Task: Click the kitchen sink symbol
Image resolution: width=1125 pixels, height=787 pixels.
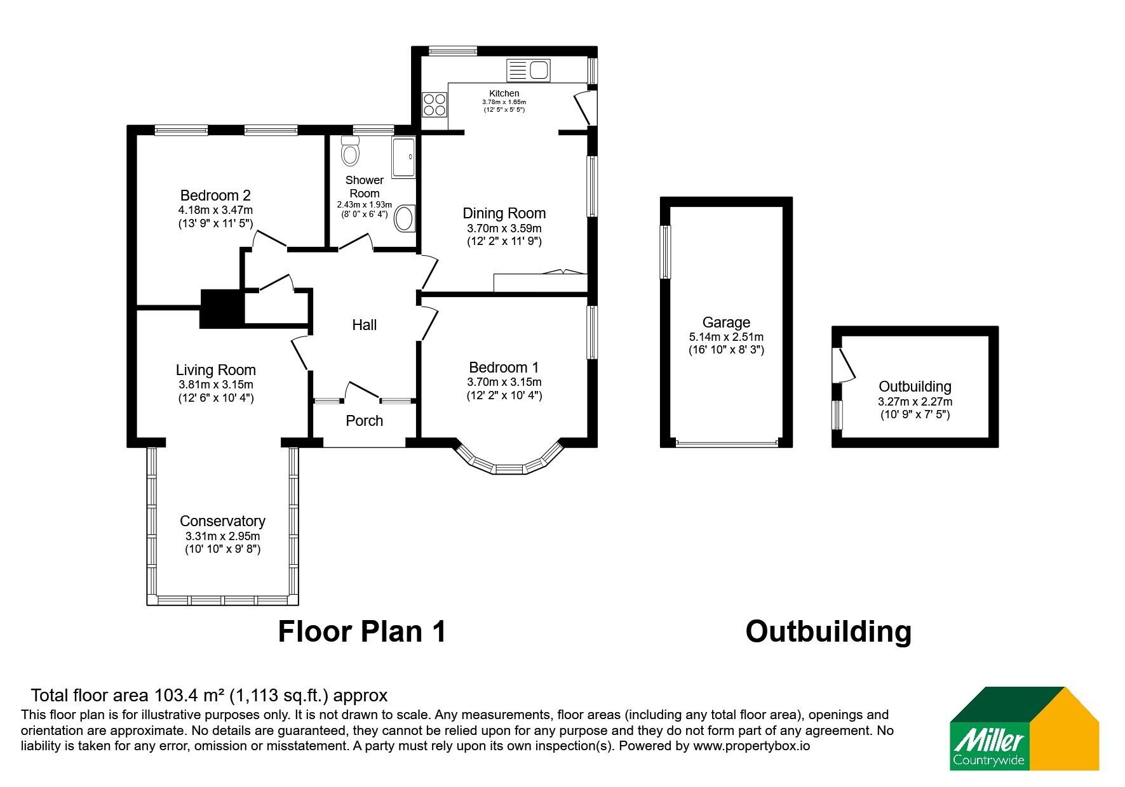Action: click(528, 70)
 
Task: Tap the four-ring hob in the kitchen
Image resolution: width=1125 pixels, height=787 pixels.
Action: click(434, 105)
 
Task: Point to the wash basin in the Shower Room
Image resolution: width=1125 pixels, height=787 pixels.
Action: click(404, 219)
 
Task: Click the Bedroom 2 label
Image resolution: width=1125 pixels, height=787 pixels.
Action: click(215, 195)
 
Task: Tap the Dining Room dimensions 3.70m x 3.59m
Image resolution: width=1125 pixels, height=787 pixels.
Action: click(504, 228)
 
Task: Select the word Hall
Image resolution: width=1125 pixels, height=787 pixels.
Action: click(365, 325)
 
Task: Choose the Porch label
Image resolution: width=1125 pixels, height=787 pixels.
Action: click(365, 421)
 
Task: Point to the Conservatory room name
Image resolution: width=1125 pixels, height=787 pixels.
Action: click(222, 521)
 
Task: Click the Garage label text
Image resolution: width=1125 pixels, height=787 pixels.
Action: click(726, 322)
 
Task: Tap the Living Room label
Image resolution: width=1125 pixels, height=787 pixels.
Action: click(216, 370)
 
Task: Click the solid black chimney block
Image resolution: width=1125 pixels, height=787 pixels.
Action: click(222, 309)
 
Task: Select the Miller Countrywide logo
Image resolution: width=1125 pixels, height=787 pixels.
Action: click(1024, 729)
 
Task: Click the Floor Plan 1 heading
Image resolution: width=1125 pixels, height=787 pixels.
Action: click(362, 632)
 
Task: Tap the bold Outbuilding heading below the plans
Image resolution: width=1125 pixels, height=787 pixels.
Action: click(828, 632)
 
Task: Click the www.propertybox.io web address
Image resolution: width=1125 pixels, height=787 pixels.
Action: click(751, 746)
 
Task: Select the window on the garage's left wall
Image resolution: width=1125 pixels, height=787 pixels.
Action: click(665, 252)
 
